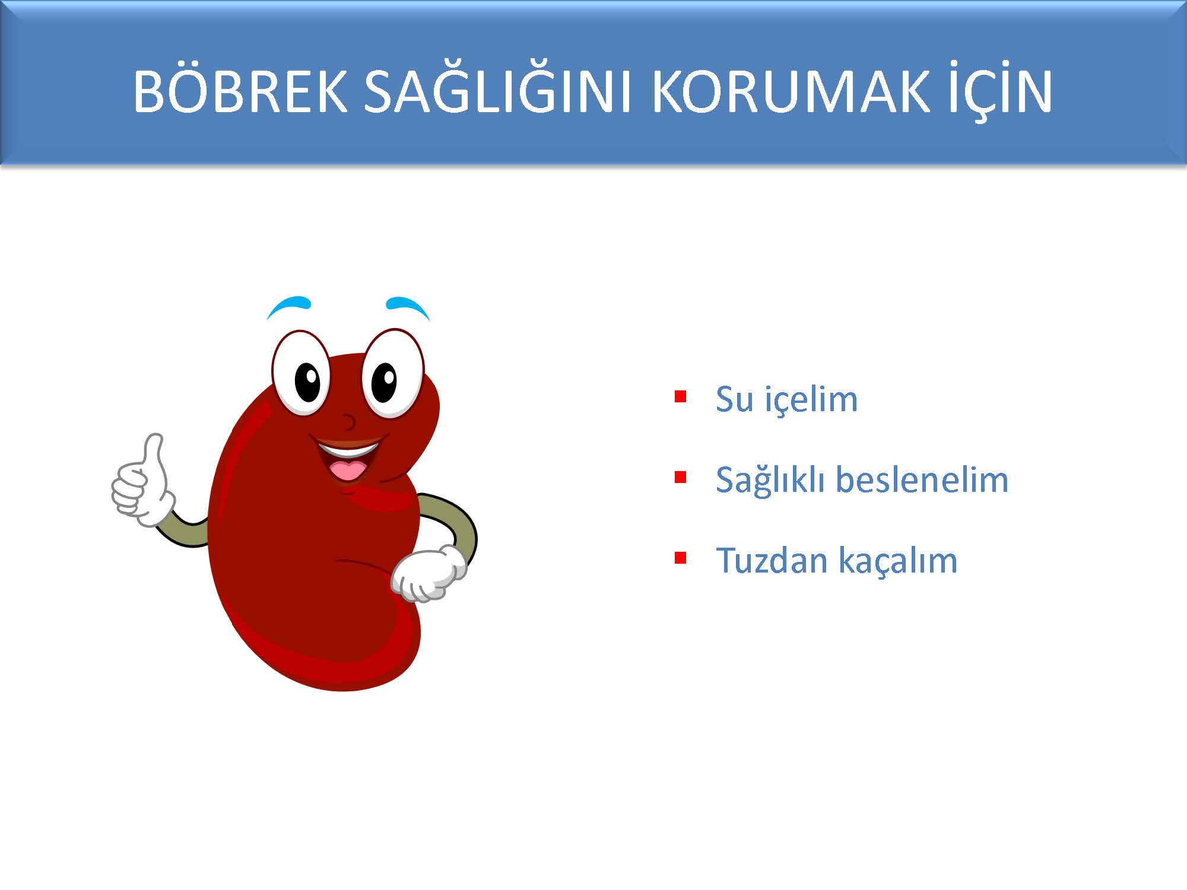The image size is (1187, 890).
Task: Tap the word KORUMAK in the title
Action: [791, 91]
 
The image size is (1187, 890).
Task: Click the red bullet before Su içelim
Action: [681, 396]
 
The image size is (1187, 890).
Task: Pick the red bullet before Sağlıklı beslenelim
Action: [681, 477]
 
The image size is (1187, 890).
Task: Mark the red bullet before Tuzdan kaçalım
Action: [681, 558]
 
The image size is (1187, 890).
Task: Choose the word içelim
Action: [811, 400]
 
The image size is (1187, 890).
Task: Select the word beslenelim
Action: [922, 479]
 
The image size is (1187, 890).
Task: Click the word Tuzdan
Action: [772, 560]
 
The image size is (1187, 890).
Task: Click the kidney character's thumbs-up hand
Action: [143, 484]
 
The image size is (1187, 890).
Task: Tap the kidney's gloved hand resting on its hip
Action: [429, 573]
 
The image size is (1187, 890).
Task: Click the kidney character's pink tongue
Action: [349, 471]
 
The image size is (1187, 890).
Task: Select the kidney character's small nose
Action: [351, 422]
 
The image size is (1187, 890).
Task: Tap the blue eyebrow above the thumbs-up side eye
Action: [289, 307]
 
